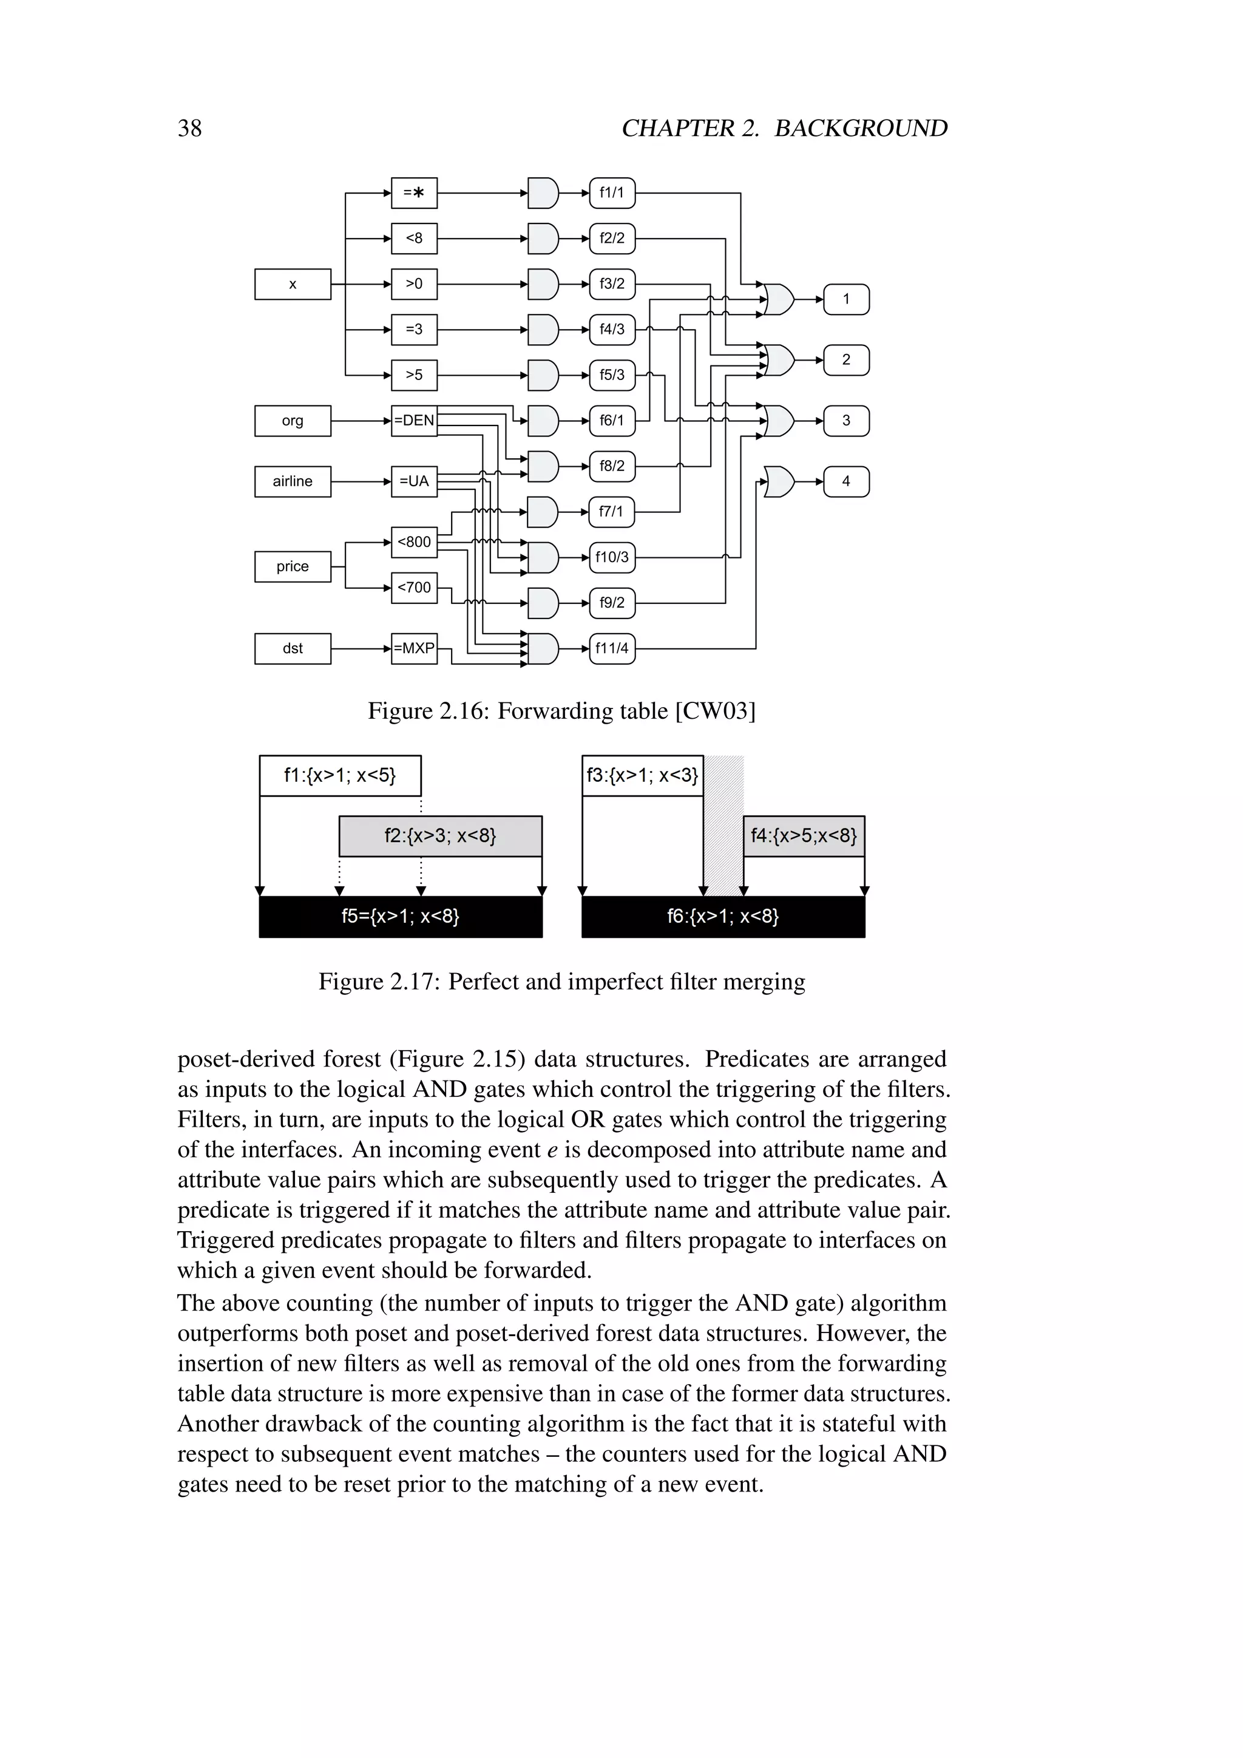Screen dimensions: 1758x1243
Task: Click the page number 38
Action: tap(190, 128)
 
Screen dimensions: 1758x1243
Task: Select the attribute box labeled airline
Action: tap(293, 481)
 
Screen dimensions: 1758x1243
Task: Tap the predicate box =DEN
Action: tap(414, 420)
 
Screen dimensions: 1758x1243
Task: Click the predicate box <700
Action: tap(414, 587)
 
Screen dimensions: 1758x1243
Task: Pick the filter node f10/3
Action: tap(612, 557)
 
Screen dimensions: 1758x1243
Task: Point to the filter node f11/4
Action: tap(612, 648)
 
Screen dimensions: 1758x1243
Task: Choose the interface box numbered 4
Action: tap(845, 481)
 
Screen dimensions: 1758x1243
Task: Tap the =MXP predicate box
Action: tap(414, 648)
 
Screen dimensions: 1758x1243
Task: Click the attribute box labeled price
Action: tap(293, 566)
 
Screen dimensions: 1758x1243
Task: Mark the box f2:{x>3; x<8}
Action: tap(440, 835)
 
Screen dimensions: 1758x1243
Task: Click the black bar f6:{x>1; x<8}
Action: tap(723, 917)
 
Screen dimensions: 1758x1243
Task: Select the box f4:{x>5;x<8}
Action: tap(804, 835)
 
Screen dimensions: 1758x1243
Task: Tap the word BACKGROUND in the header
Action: tap(861, 128)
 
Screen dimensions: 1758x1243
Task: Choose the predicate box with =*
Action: tap(414, 193)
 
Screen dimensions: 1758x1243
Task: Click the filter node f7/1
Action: tap(612, 512)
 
